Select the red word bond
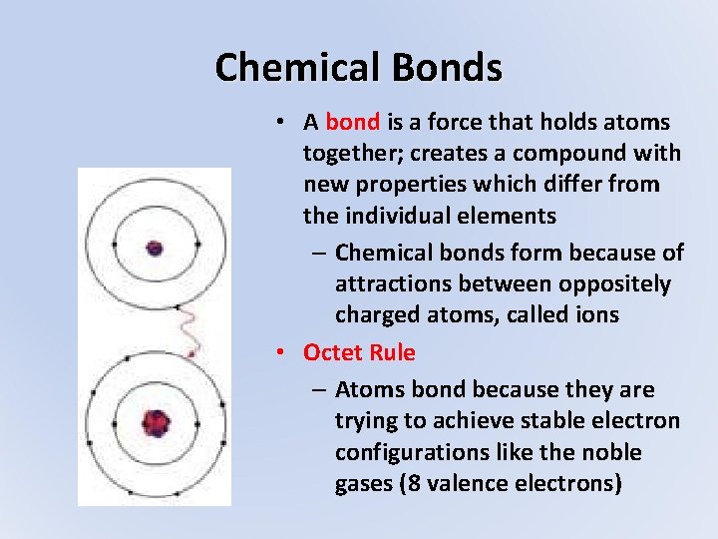coord(352,123)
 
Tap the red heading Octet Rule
coord(359,352)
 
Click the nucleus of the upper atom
coord(154,247)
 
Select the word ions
coord(592,315)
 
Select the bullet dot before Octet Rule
coord(284,352)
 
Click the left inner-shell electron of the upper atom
coord(116,244)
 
